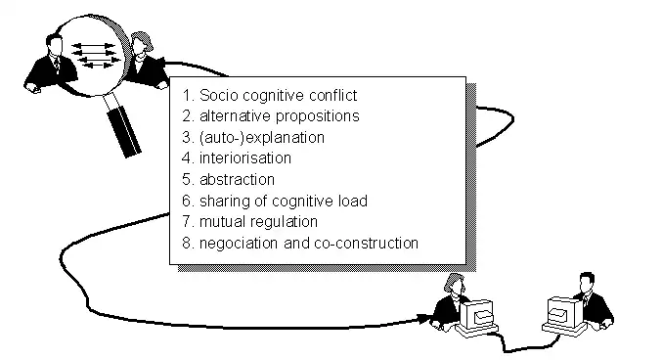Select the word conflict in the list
point(332,95)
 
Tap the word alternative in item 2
point(233,115)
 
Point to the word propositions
point(315,115)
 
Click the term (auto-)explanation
point(261,137)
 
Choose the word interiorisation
point(244,157)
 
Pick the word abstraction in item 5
point(237,179)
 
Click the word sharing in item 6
point(223,201)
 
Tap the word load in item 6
point(351,201)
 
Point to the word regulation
point(284,221)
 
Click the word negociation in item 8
point(240,243)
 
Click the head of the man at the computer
point(586,283)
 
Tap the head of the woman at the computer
point(453,284)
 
